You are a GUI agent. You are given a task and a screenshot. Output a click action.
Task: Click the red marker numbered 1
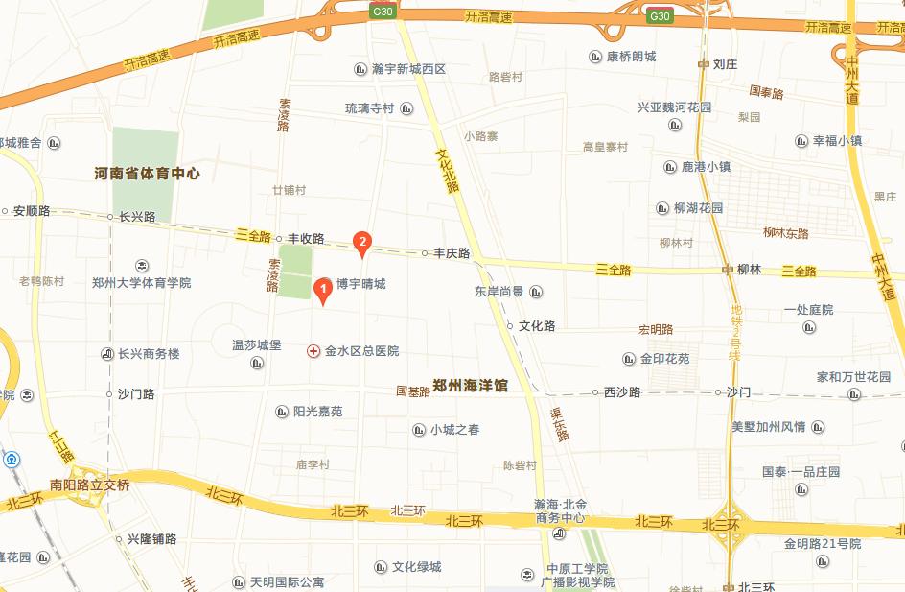pos(324,288)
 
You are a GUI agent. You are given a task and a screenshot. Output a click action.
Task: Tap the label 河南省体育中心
pos(148,174)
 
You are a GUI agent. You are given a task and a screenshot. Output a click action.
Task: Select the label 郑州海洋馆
pos(470,386)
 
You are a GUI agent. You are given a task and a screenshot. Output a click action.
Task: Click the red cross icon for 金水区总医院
pos(313,351)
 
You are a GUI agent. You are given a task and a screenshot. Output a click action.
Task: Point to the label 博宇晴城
pos(360,284)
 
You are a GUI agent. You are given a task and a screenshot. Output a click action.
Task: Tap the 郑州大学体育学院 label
pos(141,283)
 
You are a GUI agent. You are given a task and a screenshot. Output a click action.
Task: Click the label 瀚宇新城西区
pos(409,69)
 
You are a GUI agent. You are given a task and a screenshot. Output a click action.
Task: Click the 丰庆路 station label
pos(452,253)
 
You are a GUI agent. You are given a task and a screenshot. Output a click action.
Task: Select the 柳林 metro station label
pos(749,270)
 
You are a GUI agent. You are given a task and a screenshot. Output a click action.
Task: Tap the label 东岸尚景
pos(499,292)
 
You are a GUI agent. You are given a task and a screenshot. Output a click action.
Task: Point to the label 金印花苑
pos(665,360)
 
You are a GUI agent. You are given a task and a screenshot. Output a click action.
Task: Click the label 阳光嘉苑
pos(317,412)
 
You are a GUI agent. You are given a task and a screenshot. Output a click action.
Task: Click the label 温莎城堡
pos(256,344)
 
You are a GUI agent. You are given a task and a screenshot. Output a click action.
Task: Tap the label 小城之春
pos(455,430)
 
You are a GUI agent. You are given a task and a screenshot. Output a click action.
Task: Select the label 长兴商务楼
pos(149,354)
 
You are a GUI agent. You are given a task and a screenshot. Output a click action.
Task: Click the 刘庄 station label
pos(725,64)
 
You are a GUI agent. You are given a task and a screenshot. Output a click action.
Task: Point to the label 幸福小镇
pos(838,140)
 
